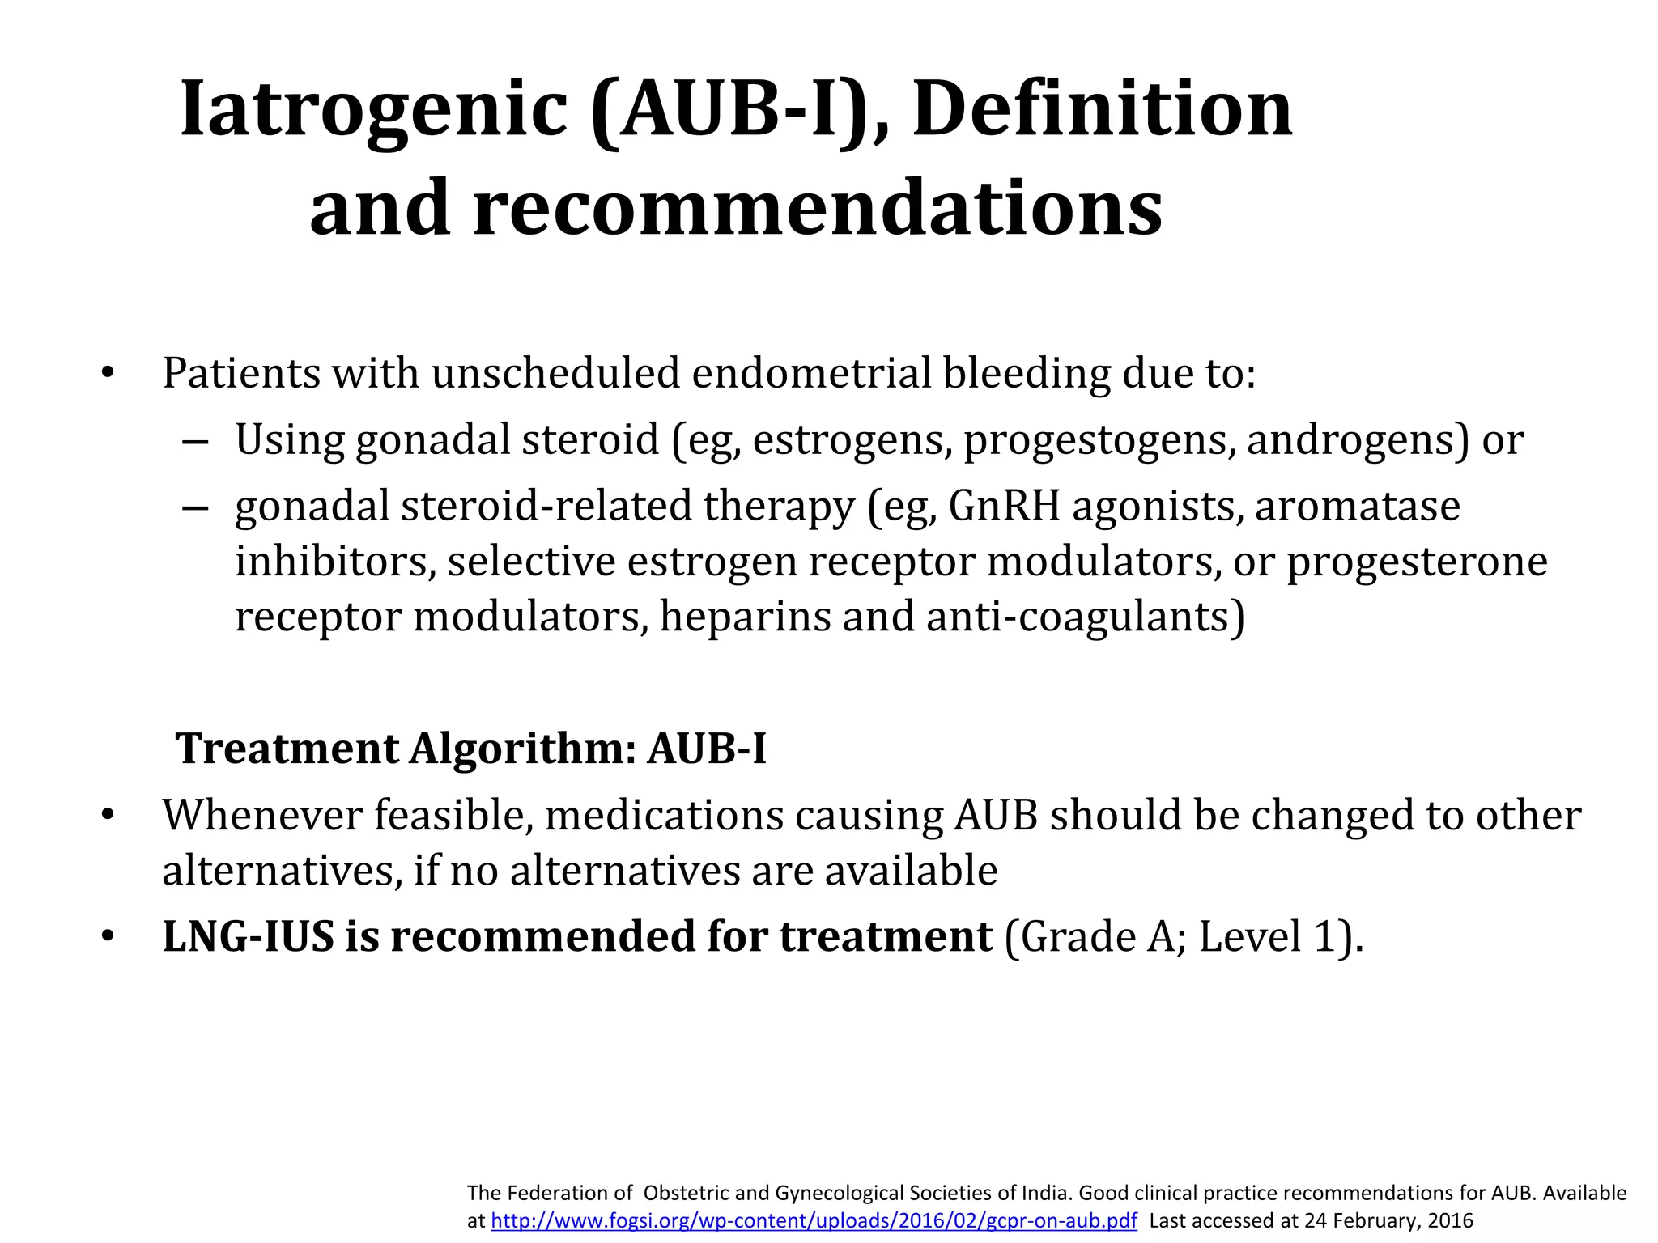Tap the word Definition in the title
click(1102, 109)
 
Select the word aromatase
click(1358, 507)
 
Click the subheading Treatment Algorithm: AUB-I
click(471, 748)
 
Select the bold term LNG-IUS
click(248, 936)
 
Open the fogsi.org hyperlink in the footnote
click(814, 1221)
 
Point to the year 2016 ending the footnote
click(1451, 1221)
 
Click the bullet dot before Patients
click(108, 374)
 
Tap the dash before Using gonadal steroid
click(195, 442)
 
